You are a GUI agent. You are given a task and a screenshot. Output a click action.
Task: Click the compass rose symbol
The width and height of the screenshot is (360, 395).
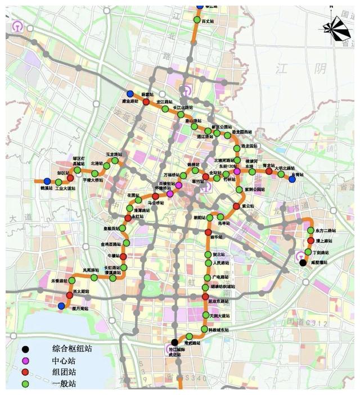336,29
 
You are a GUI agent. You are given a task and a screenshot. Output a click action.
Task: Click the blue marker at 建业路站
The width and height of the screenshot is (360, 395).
130,94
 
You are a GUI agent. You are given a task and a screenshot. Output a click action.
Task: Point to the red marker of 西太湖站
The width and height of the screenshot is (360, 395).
69,295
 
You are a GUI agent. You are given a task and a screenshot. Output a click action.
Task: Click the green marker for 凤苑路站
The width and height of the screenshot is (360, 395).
94,276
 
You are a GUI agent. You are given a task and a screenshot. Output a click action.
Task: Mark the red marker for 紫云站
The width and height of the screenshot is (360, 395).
236,206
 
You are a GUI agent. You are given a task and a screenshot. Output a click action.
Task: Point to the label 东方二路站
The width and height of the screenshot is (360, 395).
327,230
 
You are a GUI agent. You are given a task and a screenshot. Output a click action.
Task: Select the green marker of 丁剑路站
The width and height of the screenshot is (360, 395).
308,251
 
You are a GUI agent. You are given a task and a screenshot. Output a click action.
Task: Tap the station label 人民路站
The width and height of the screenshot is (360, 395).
221,262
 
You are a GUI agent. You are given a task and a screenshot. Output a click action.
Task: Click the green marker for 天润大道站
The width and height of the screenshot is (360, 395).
205,316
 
